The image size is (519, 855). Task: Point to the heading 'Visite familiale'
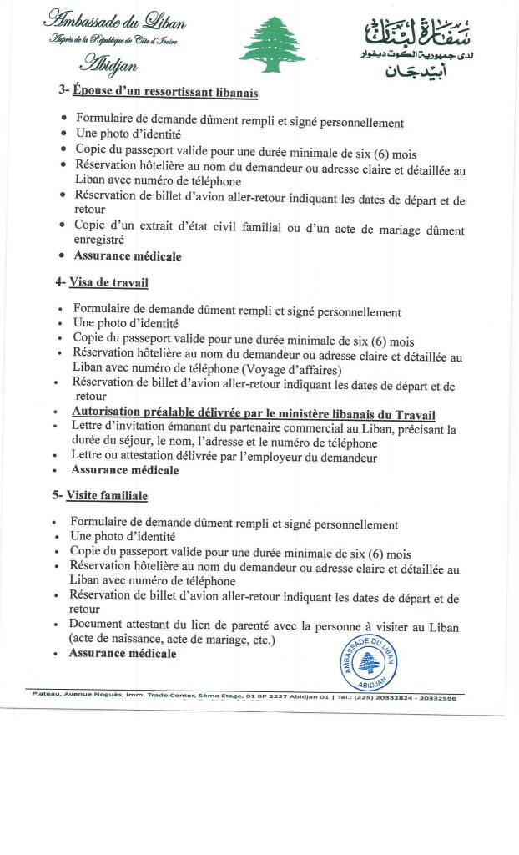coord(108,496)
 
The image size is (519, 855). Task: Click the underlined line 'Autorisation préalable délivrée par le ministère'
coord(254,414)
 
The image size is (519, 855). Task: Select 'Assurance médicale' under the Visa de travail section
coord(125,470)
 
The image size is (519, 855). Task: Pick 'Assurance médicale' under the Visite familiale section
coord(123,653)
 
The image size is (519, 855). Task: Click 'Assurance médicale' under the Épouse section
coord(128,256)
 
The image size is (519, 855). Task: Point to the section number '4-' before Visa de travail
coord(60,283)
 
